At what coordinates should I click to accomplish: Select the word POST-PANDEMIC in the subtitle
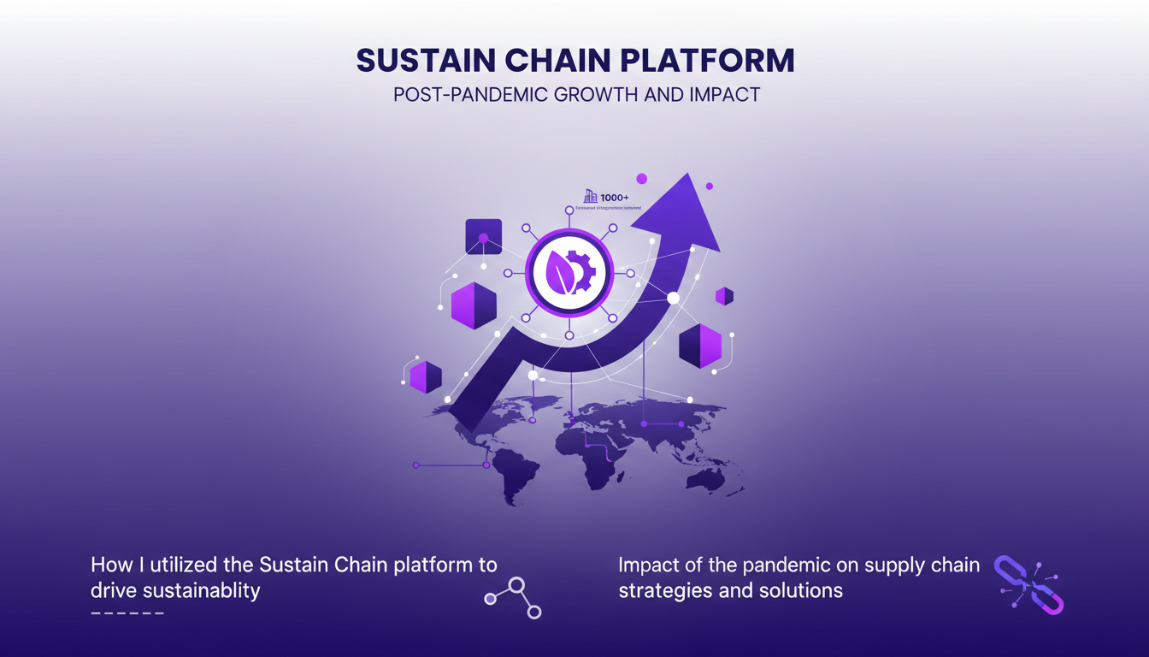click(471, 94)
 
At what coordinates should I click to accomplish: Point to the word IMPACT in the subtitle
click(724, 94)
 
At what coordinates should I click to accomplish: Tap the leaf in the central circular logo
click(559, 273)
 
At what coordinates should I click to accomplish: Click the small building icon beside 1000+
click(588, 197)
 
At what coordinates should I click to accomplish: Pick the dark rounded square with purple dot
click(483, 237)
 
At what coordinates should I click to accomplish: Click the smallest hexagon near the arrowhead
click(724, 296)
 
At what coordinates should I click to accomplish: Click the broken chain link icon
click(1029, 584)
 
